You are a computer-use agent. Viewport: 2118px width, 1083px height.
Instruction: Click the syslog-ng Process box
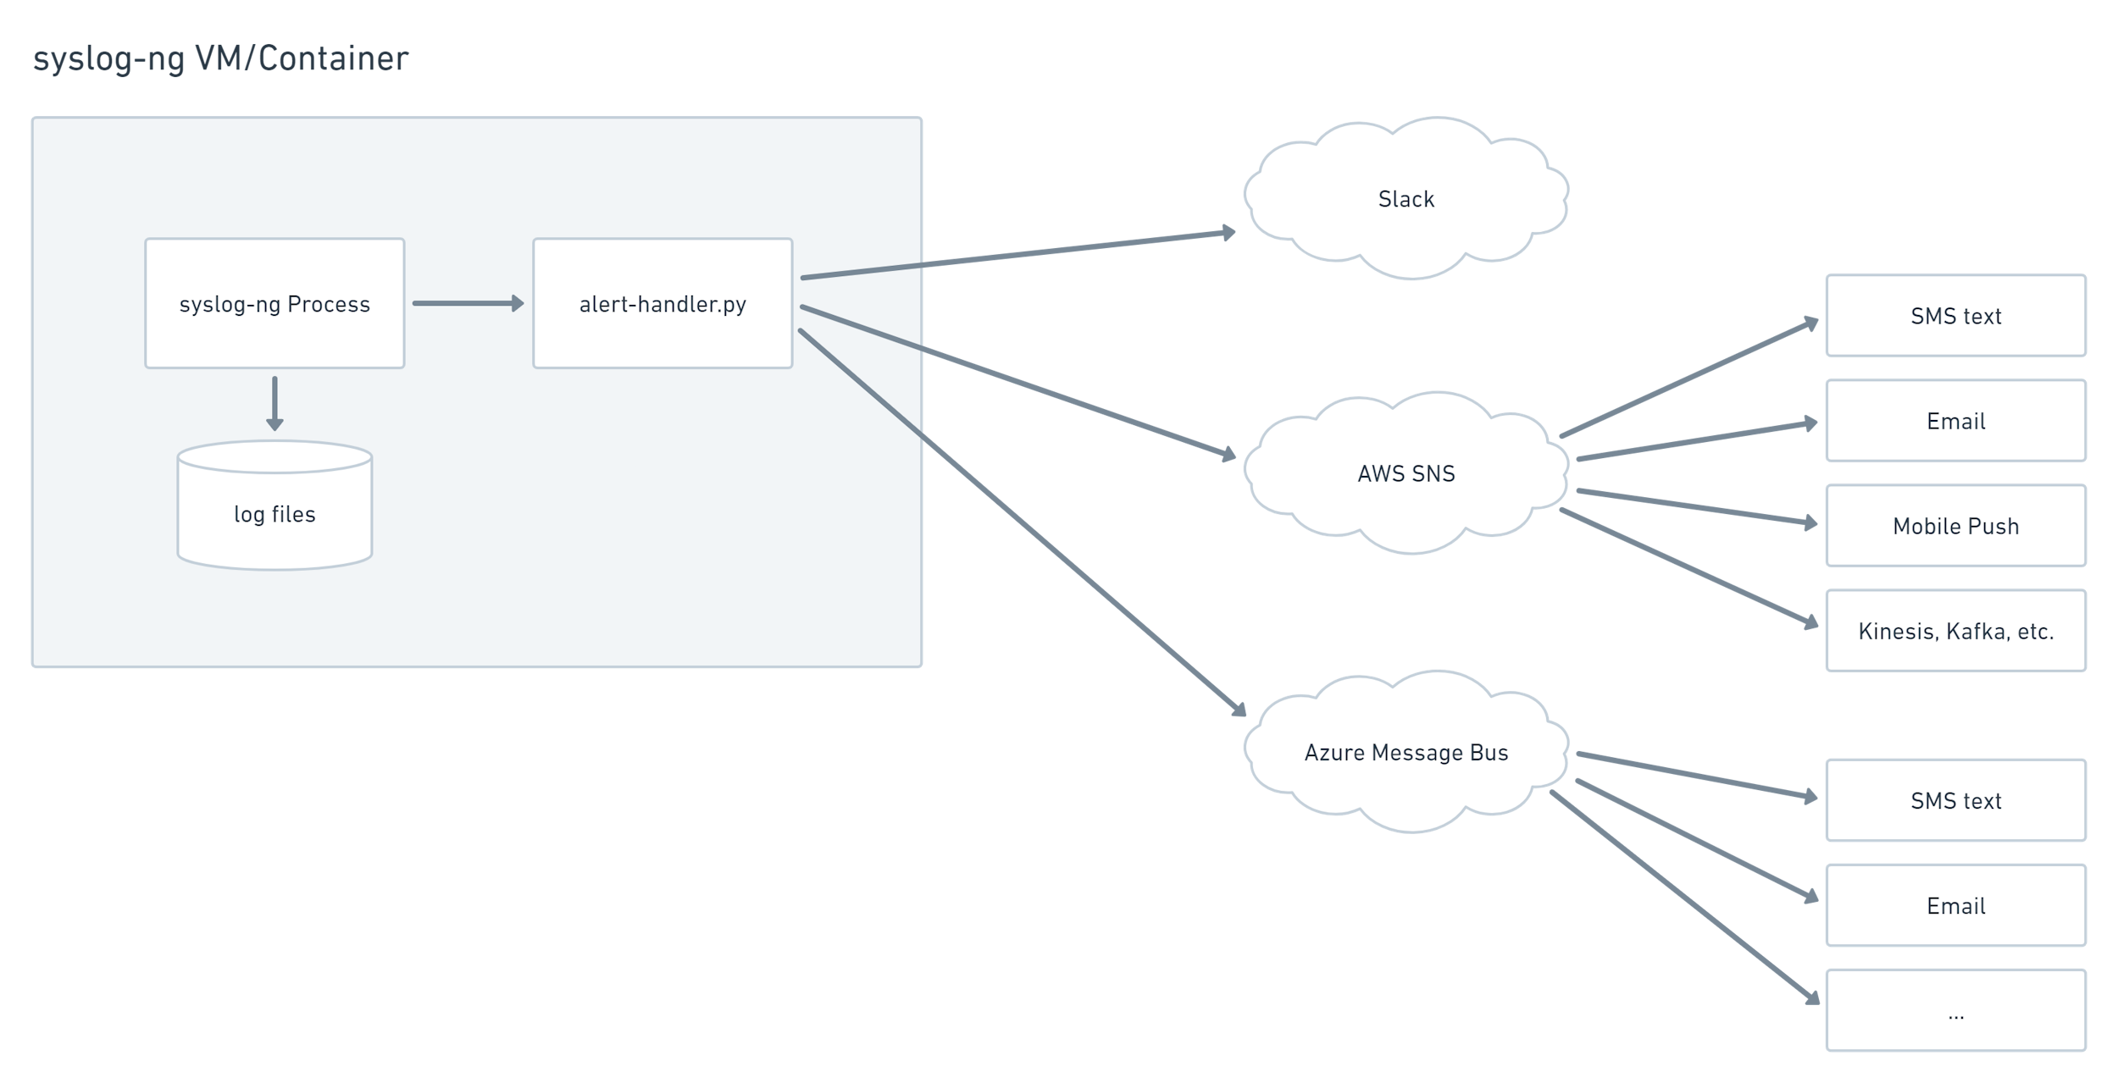click(274, 303)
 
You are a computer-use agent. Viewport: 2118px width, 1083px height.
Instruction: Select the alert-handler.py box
click(663, 303)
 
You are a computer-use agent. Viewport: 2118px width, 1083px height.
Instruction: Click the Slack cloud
click(1406, 199)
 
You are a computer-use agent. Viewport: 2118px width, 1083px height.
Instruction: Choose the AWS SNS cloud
click(1406, 473)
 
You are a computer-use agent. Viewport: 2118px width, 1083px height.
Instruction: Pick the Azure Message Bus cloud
click(1406, 752)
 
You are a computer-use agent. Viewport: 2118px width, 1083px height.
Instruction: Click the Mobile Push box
click(1955, 526)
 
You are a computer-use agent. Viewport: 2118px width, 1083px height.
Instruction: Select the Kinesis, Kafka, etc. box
click(1955, 631)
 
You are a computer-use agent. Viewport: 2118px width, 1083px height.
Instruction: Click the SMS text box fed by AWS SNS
click(1955, 316)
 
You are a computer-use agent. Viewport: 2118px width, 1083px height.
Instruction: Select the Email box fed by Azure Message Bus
click(1955, 905)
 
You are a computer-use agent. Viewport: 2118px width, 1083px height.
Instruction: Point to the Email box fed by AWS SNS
click(1955, 421)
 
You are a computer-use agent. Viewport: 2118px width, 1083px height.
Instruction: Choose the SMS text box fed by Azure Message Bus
click(1955, 800)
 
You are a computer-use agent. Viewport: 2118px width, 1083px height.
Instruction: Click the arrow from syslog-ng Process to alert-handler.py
click(467, 303)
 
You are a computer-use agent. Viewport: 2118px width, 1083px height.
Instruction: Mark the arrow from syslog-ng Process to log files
click(274, 402)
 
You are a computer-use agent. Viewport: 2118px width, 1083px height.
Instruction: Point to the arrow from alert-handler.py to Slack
click(1017, 254)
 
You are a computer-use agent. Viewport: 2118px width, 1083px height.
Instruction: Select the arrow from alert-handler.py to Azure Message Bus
click(1021, 521)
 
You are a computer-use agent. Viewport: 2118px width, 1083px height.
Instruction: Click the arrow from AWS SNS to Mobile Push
click(1694, 506)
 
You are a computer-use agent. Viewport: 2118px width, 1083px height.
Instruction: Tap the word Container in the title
click(333, 58)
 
